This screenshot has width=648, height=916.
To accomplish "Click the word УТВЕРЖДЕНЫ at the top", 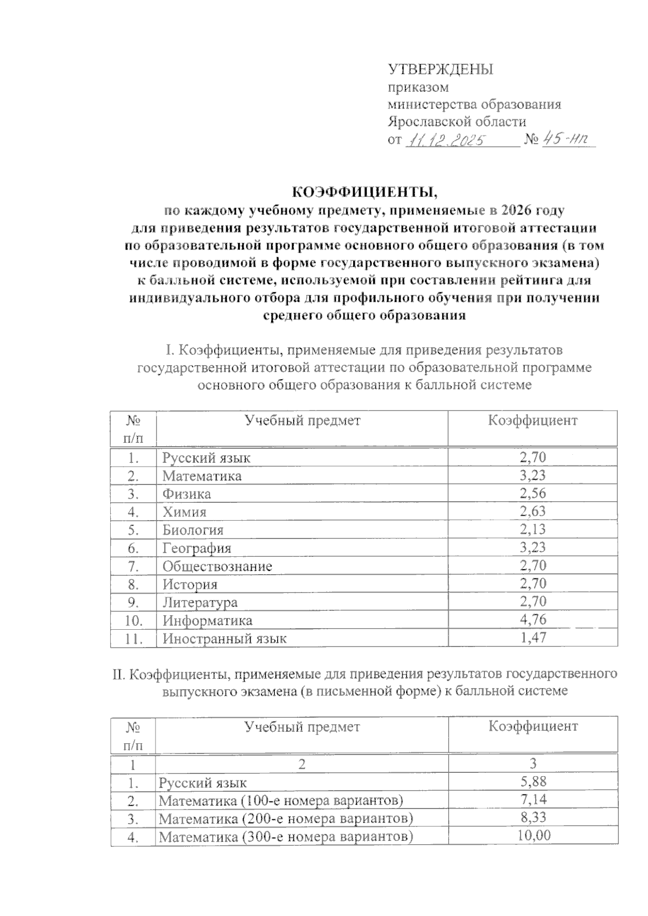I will pos(441,70).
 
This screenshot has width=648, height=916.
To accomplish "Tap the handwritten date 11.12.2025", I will pos(447,140).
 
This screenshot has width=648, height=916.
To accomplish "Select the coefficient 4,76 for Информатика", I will pos(532,619).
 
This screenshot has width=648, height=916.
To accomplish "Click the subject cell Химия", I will pos(185,511).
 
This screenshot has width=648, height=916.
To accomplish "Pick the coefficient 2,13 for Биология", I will pos(532,529).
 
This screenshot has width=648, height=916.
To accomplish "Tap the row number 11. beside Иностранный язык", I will pos(133,638).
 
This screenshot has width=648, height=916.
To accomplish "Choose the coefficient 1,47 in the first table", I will pos(532,637).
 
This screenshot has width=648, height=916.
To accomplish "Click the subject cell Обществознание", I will pos(217,566).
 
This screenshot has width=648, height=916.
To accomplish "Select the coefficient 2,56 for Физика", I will pos(532,493).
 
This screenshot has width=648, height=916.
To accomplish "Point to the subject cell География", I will pos(197,548).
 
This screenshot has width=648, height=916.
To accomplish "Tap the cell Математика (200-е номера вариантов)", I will pos(286,819).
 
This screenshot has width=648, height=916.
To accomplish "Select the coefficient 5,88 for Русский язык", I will pos(532,782).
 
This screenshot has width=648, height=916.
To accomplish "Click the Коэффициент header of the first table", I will pos(532,421).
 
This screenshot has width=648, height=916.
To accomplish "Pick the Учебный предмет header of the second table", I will pos(302,727).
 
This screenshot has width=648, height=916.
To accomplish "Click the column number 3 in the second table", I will pos(532,763).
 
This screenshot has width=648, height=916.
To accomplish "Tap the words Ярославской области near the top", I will pos(457,122).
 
